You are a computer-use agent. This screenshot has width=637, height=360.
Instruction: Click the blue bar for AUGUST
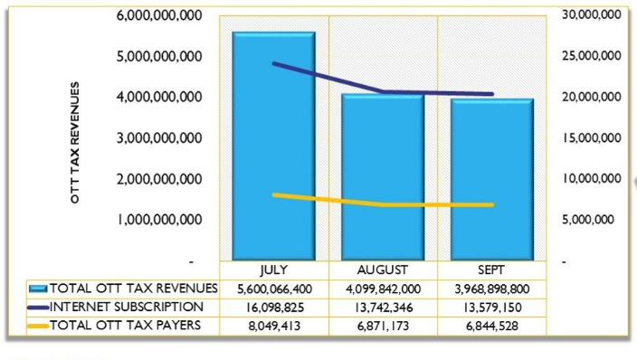click(382, 177)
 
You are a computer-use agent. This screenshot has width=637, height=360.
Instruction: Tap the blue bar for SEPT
click(490, 180)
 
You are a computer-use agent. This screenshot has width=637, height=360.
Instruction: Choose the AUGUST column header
click(382, 270)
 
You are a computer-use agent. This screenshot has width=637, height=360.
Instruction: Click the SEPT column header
click(490, 270)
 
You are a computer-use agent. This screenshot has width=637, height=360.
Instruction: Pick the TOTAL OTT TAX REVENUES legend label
click(133, 289)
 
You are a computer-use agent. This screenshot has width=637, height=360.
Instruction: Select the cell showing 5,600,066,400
click(273, 289)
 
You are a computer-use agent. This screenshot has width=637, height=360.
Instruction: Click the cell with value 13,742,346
click(382, 307)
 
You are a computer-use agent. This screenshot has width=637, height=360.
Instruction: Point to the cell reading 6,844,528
click(490, 325)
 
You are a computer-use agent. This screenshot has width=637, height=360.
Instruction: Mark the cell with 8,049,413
click(273, 325)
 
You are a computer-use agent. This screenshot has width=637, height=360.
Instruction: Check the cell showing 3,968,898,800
click(490, 289)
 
